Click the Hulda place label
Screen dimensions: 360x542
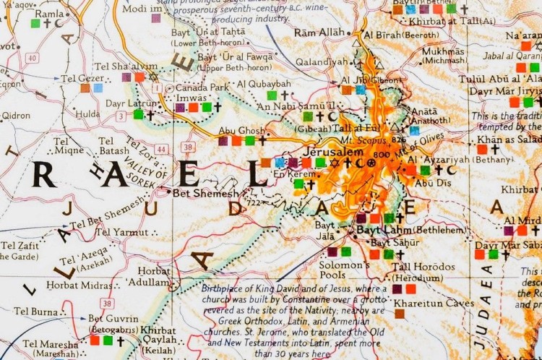coord(87,114)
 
